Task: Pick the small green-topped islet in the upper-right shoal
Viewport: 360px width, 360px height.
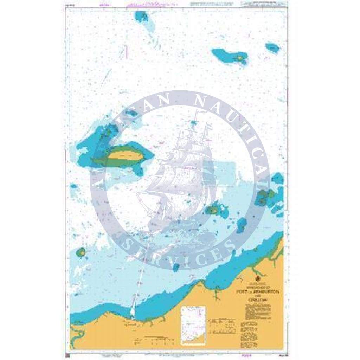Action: tap(240, 58)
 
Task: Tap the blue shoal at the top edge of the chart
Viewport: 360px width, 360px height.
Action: tap(143, 17)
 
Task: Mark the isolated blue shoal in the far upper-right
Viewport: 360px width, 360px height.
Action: tap(272, 47)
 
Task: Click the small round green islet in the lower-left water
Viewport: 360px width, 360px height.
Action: tap(82, 252)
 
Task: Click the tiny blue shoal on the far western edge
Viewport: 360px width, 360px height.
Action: tap(73, 186)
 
